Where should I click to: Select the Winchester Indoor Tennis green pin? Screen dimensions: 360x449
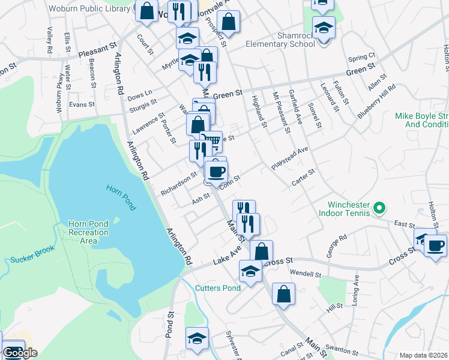pyautogui.click(x=379, y=208)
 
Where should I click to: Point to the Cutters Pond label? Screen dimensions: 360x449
pyautogui.click(x=218, y=288)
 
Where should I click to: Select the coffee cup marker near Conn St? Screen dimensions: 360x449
pyautogui.click(x=216, y=172)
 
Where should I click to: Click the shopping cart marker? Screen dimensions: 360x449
pyautogui.click(x=211, y=142)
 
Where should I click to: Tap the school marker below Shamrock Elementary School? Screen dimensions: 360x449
pyautogui.click(x=324, y=28)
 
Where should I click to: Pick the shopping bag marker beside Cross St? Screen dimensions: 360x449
pyautogui.click(x=261, y=251)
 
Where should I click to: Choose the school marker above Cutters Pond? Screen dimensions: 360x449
pyautogui.click(x=250, y=271)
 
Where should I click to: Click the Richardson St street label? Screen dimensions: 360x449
pyautogui.click(x=178, y=184)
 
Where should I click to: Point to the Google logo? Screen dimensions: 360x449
pyautogui.click(x=20, y=353)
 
